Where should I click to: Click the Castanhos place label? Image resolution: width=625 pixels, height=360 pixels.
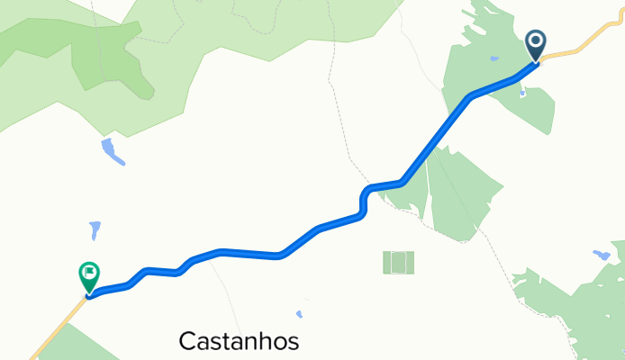(239, 341)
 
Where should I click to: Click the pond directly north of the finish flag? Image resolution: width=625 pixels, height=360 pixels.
(95, 230)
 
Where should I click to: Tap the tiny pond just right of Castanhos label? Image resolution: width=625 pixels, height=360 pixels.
(299, 315)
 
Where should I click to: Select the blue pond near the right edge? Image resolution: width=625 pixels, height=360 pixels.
(602, 256)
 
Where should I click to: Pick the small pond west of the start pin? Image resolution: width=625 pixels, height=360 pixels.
(494, 59)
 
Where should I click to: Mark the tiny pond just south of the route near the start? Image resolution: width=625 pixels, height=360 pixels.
(523, 90)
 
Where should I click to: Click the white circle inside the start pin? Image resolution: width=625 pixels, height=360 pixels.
(536, 40)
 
